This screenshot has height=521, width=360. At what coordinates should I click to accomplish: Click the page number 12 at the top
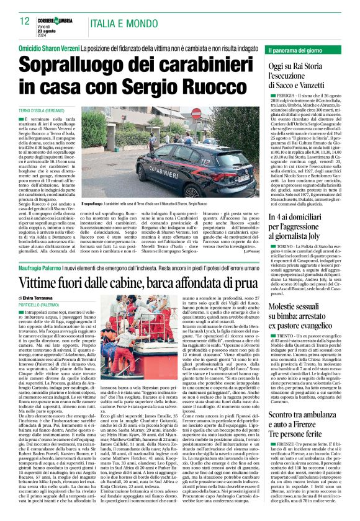(25, 21)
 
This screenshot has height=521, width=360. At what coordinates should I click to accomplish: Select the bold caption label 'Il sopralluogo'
(92, 203)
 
